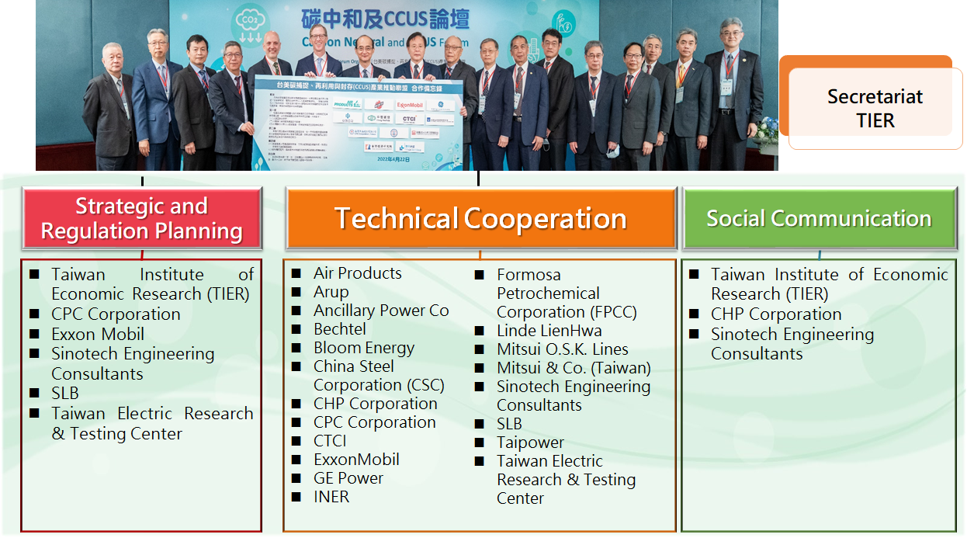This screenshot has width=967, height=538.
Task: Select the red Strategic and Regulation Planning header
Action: click(141, 218)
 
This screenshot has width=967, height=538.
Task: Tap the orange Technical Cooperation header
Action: click(480, 218)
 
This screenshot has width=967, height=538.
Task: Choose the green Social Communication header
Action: click(819, 218)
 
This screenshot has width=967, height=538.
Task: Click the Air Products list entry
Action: click(357, 273)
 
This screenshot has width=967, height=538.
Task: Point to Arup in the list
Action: click(331, 292)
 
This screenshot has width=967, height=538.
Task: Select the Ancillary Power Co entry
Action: click(380, 311)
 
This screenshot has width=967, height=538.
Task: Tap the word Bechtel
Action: click(339, 329)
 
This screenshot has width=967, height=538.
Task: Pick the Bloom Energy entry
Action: click(363, 348)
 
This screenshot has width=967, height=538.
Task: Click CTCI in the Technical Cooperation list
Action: click(330, 441)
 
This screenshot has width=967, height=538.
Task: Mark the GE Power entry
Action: click(348, 478)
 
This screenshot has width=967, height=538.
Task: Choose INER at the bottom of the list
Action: click(331, 497)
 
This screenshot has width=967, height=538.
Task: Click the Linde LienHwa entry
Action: click(549, 331)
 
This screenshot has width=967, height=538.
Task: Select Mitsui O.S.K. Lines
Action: click(563, 349)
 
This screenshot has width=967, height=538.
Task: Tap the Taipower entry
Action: click(530, 443)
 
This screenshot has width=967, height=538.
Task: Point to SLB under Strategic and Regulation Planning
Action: click(65, 394)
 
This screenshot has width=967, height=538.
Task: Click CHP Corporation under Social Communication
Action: click(776, 314)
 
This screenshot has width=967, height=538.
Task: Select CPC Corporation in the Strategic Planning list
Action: click(116, 314)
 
